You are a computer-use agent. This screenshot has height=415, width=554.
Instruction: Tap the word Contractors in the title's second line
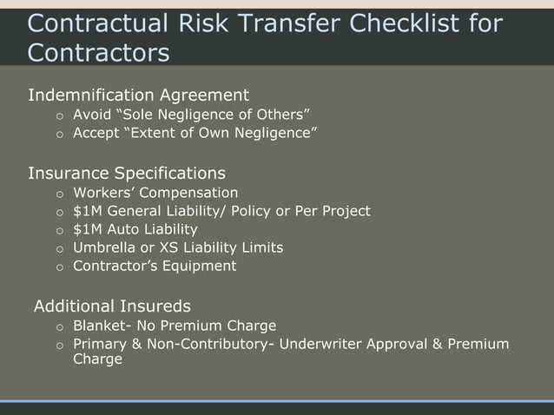(x=98, y=53)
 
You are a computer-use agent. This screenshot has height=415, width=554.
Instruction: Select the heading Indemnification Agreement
(x=138, y=95)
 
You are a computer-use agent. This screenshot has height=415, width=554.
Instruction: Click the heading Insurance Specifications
(x=127, y=172)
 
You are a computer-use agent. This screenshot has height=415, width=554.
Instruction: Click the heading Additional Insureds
(x=112, y=306)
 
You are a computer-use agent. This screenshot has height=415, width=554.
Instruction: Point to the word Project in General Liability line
(x=345, y=211)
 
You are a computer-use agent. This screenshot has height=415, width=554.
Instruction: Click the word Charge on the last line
(x=97, y=359)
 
